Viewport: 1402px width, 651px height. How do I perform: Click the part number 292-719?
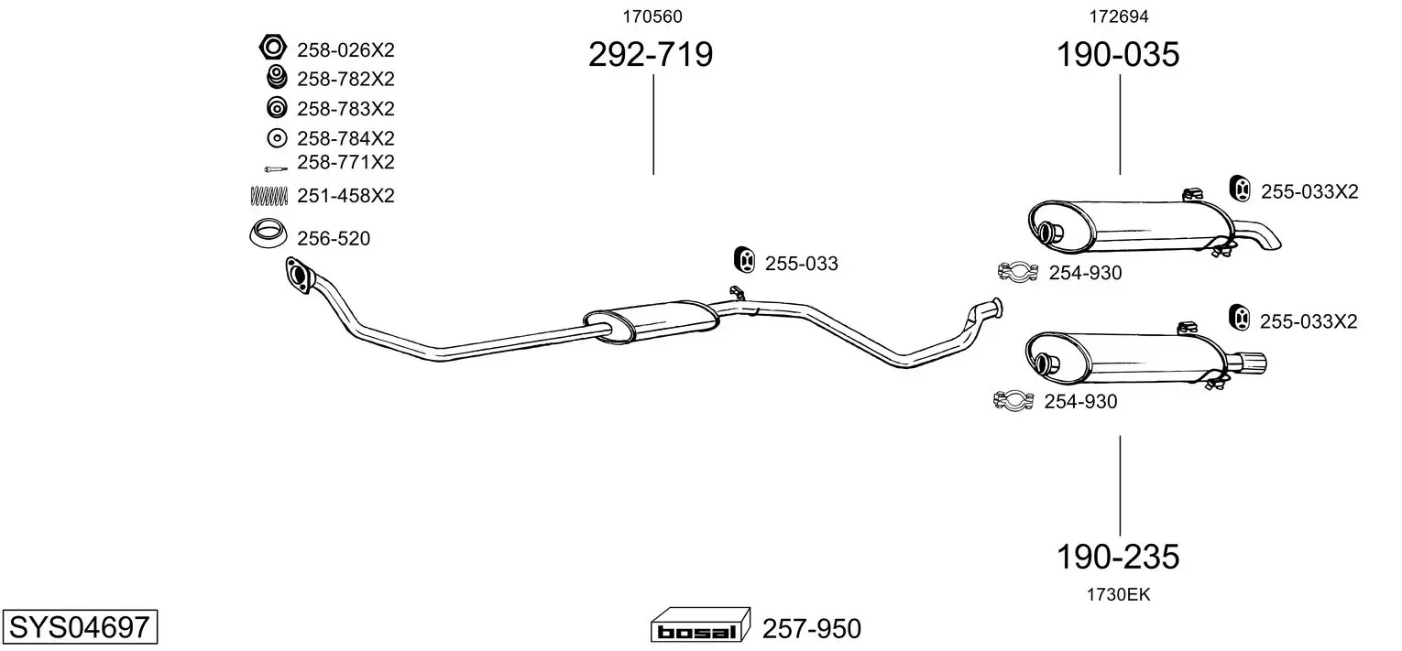(651, 54)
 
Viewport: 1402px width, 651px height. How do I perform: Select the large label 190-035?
(1118, 54)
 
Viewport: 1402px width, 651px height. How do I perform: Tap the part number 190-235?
(1118, 557)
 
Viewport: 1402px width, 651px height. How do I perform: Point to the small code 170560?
(652, 16)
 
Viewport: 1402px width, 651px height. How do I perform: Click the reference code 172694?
(1119, 16)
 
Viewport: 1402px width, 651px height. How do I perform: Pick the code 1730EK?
(1119, 595)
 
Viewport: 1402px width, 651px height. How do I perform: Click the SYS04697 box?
(80, 626)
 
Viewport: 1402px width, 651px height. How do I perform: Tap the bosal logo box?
(700, 624)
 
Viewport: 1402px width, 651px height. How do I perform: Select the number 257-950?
(812, 628)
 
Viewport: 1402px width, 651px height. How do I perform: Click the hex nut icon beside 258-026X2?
(273, 47)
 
